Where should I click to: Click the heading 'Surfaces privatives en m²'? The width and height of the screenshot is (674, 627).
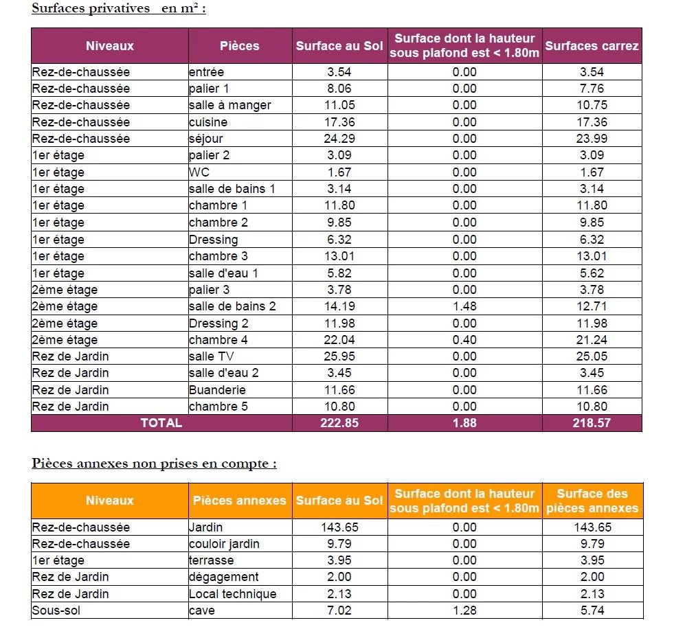(x=119, y=8)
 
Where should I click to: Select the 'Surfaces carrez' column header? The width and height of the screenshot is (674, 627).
(x=592, y=46)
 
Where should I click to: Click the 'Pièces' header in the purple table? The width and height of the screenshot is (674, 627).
(x=240, y=46)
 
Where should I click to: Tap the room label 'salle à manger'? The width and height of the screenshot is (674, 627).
(x=230, y=105)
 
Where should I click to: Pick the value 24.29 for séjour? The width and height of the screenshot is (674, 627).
(x=339, y=139)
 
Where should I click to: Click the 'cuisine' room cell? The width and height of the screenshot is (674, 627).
(x=208, y=122)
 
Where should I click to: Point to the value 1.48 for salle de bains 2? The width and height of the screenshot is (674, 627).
(x=464, y=306)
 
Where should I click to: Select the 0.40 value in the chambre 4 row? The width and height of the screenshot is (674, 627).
(x=464, y=340)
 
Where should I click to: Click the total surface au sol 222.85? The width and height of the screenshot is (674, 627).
(x=339, y=423)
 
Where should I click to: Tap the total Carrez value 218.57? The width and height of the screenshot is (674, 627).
(x=592, y=423)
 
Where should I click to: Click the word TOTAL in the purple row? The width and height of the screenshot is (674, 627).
(x=161, y=423)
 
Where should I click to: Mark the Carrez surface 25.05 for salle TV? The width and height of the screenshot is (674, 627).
(x=592, y=356)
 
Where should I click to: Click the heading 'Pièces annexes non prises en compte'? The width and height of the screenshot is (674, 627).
(x=154, y=464)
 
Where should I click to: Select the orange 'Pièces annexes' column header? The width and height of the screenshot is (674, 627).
(x=240, y=501)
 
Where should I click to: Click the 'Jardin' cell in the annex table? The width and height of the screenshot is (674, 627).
(x=206, y=527)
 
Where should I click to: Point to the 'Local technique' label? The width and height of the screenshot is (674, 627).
(x=233, y=594)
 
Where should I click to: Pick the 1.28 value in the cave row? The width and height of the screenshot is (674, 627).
(x=464, y=611)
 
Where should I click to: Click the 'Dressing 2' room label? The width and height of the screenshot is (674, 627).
(x=219, y=323)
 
